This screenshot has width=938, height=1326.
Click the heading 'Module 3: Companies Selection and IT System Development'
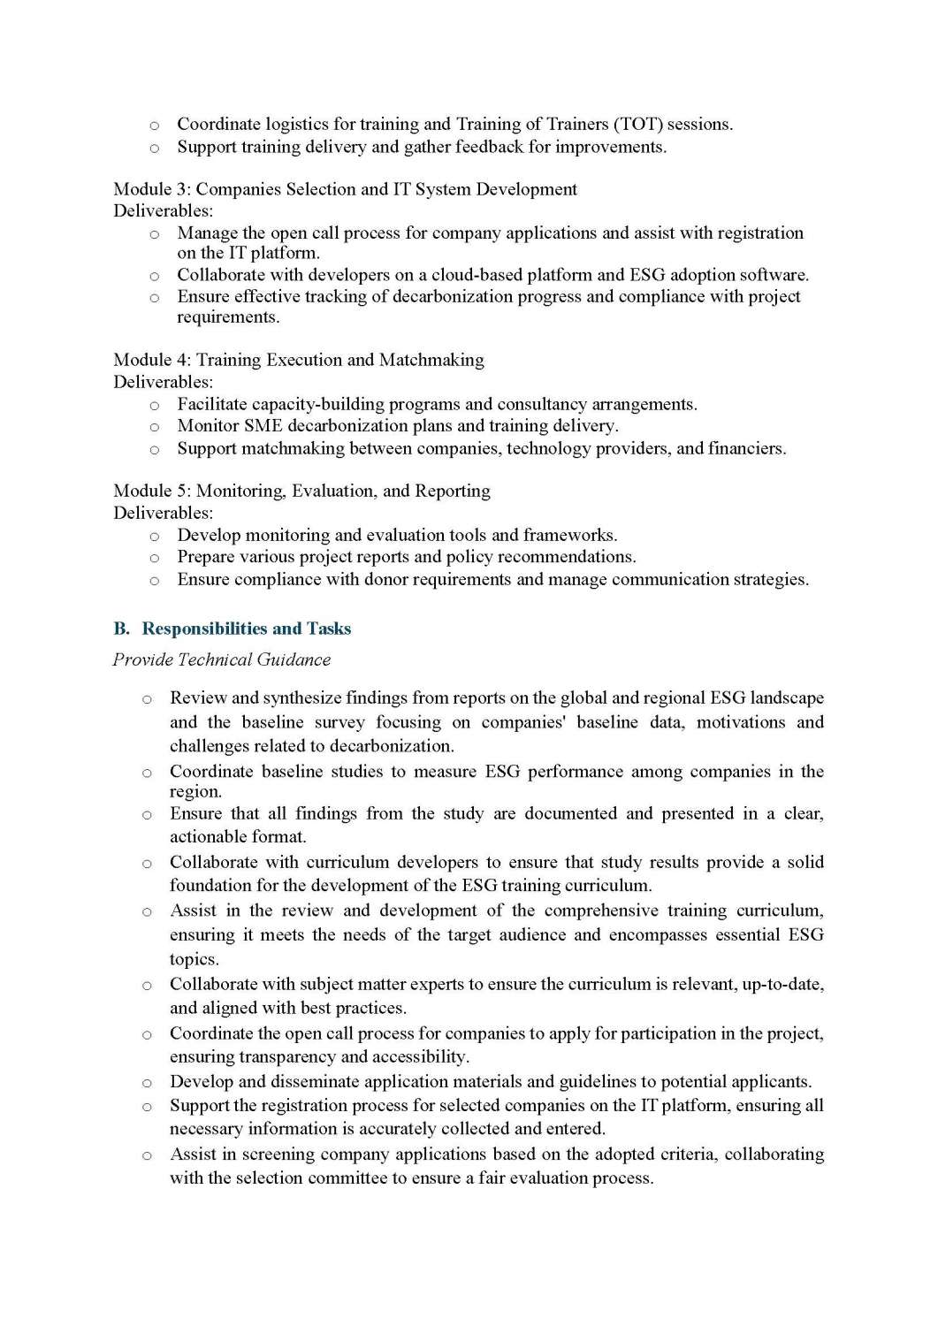pos(345,189)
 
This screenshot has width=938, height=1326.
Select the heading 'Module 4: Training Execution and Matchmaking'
pos(299,360)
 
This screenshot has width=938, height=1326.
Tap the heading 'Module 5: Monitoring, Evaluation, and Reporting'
pos(301,491)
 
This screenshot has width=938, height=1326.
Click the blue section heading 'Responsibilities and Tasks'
pos(247,629)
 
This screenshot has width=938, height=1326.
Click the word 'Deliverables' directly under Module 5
pos(163,513)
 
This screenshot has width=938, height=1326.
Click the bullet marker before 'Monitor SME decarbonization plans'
pos(154,427)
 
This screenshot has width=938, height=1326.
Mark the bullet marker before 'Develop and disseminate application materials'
pos(147,1082)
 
